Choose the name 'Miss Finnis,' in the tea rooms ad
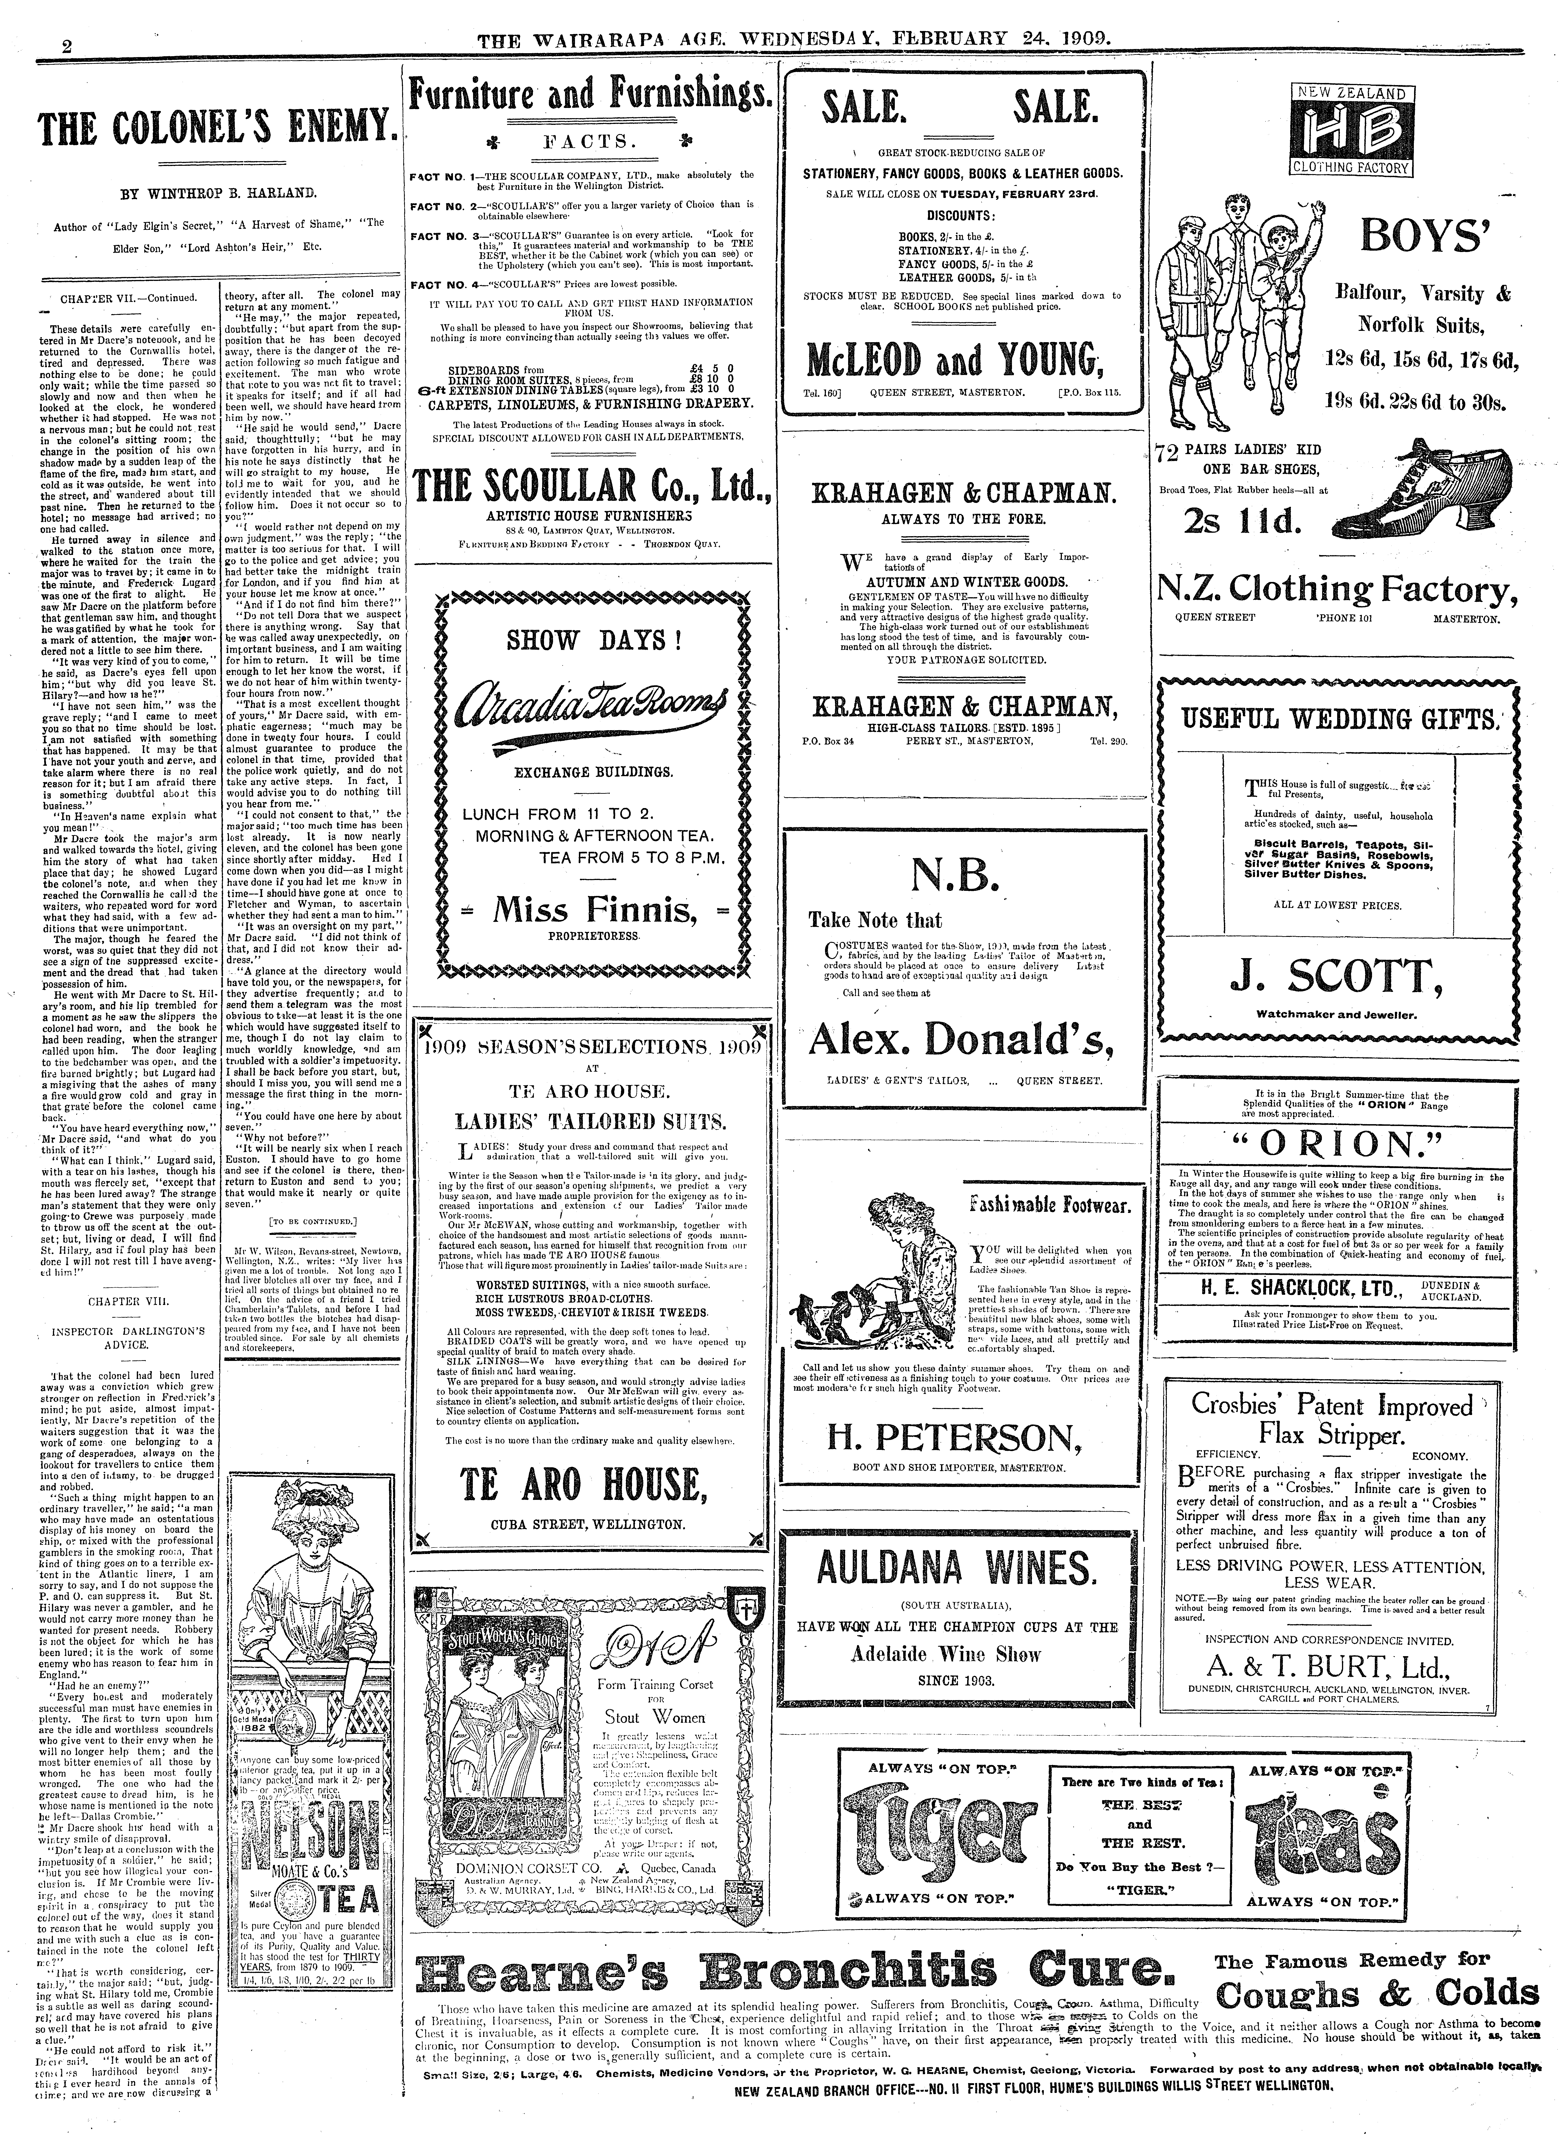pyautogui.click(x=591, y=911)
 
